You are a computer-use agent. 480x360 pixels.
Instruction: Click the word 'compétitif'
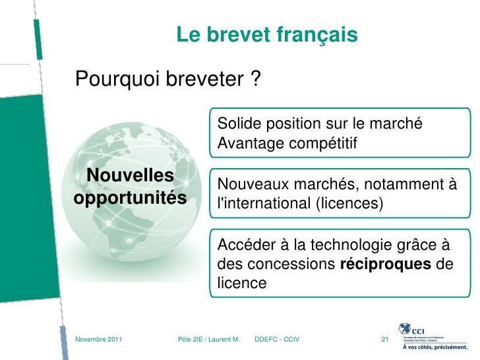(x=326, y=142)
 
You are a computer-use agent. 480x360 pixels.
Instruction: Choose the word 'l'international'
(x=260, y=204)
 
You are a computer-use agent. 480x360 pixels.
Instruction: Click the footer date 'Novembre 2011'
(x=99, y=339)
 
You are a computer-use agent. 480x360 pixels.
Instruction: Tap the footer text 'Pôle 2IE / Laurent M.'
(x=209, y=339)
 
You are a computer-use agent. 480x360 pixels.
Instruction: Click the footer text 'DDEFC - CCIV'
(x=276, y=339)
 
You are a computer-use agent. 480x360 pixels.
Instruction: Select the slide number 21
(x=386, y=339)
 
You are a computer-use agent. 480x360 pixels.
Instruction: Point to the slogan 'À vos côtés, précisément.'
(x=435, y=347)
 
